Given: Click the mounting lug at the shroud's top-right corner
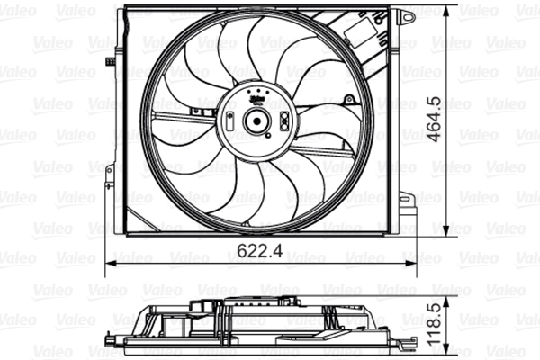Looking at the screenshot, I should point(407,15).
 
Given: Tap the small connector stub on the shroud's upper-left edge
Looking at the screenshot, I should point(108,61).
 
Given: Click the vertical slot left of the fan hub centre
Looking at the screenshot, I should point(232,121).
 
